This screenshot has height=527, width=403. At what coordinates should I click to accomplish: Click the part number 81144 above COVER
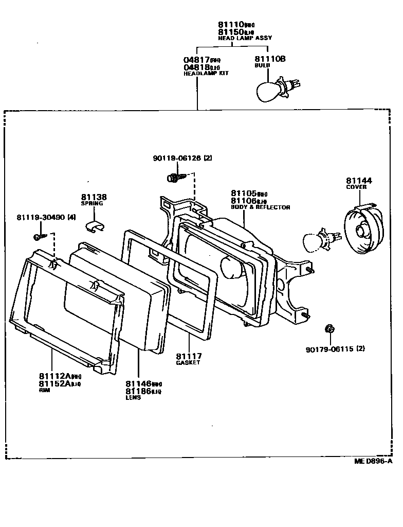point(359,181)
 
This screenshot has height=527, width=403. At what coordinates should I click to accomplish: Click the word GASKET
point(188,363)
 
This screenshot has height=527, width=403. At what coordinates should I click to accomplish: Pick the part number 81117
point(189,356)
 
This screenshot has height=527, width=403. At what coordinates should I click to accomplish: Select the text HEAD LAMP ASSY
point(245,38)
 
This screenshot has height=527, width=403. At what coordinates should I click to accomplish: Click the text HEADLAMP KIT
point(206,74)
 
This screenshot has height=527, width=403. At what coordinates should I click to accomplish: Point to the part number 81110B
point(270,59)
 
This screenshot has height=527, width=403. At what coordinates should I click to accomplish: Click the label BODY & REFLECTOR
point(261,207)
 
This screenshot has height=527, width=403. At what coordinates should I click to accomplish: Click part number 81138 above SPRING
point(94,197)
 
